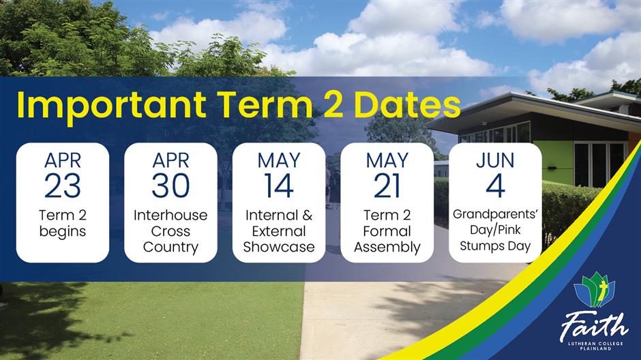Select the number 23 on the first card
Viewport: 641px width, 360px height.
click(63, 186)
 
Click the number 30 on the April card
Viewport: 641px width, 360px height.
click(170, 186)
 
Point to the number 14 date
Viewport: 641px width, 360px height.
click(279, 186)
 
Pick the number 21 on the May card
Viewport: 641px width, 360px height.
click(387, 186)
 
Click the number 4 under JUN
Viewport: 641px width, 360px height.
click(495, 186)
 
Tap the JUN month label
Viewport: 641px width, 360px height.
click(495, 160)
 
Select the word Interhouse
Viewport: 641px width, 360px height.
click(170, 215)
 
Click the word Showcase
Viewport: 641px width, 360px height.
click(279, 247)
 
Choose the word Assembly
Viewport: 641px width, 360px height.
click(387, 247)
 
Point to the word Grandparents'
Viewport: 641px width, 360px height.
click(495, 214)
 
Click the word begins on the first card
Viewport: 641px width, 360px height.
click(63, 232)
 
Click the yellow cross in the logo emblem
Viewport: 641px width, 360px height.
click(601, 293)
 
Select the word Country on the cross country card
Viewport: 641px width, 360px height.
click(170, 247)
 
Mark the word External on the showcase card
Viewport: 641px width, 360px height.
click(279, 231)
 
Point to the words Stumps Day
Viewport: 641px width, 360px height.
click(495, 246)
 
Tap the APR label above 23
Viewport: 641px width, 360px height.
click(63, 160)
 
